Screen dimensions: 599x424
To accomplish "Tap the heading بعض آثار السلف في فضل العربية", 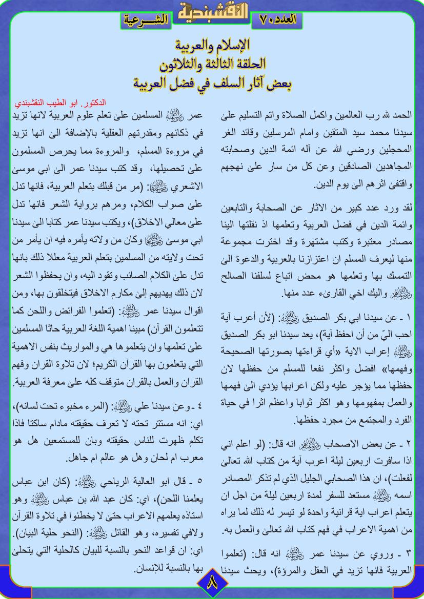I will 212,82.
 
